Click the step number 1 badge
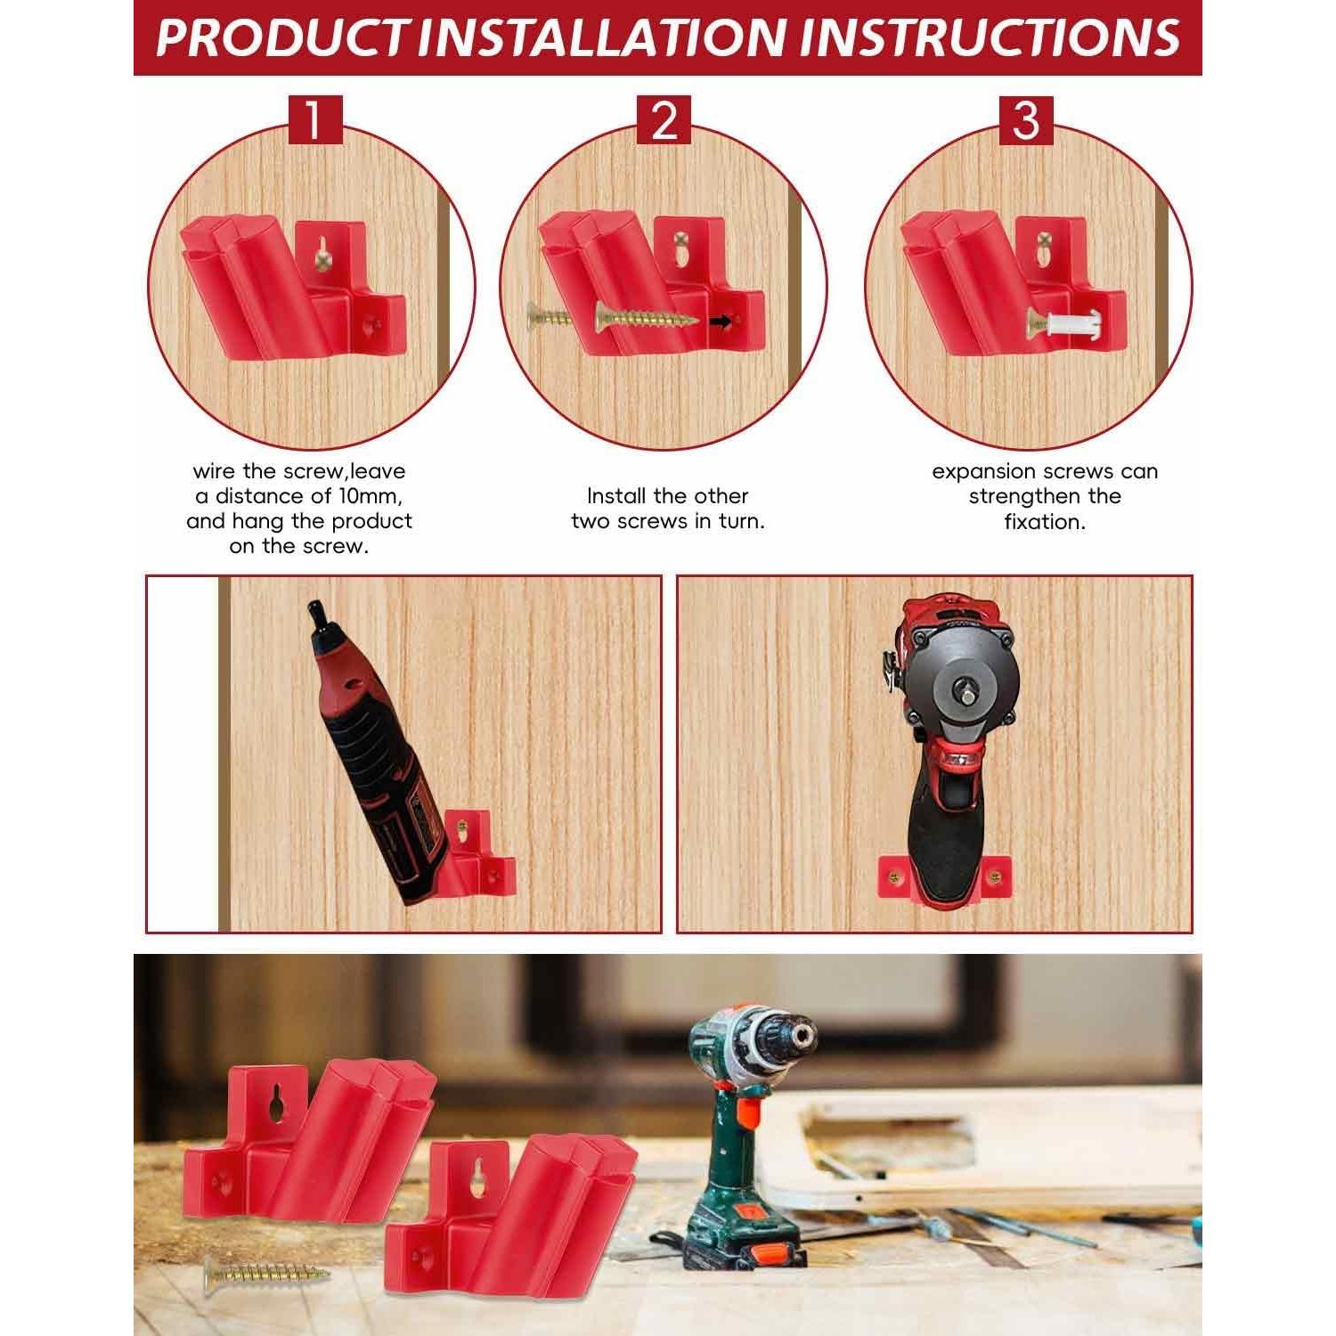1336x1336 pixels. pyautogui.click(x=314, y=120)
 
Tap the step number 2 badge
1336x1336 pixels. pyautogui.click(x=664, y=120)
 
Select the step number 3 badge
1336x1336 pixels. pyautogui.click(x=1025, y=120)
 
